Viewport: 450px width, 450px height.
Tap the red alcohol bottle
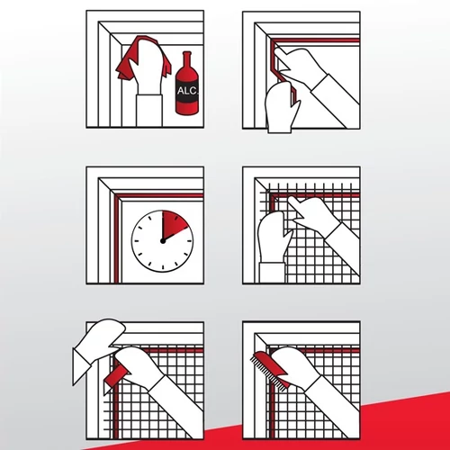[186, 90]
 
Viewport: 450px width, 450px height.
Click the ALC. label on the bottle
[187, 91]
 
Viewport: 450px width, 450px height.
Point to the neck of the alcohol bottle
[187, 60]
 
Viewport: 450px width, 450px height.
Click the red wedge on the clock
[173, 223]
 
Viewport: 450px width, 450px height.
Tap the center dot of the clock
[163, 241]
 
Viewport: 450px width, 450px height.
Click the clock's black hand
[175, 234]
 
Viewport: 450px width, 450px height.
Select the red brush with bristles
[270, 368]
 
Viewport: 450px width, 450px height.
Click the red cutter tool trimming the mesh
[117, 376]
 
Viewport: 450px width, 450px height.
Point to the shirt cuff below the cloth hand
[149, 111]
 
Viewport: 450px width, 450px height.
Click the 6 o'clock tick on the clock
[163, 267]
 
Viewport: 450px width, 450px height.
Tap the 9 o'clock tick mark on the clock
[137, 241]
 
